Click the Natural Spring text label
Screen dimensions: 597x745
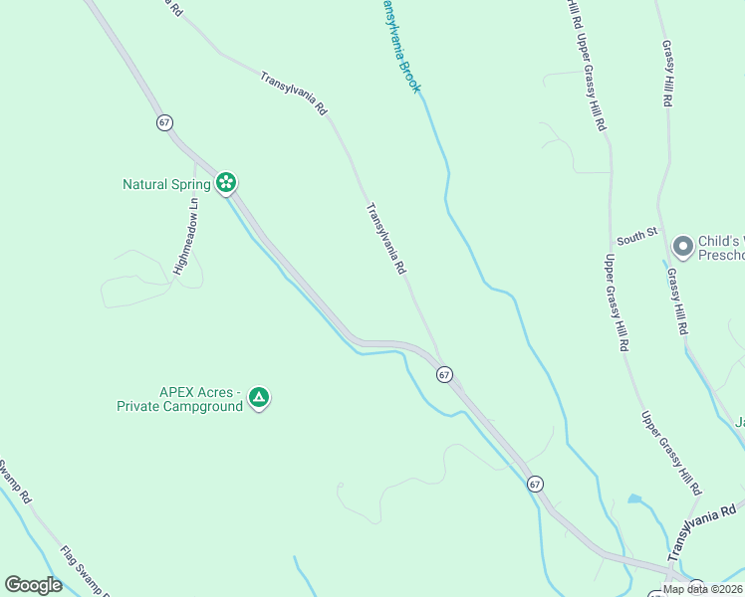tap(166, 184)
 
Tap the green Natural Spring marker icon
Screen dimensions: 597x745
tap(227, 183)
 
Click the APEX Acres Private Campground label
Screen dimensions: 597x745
tap(180, 399)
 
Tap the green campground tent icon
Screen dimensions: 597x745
tap(259, 399)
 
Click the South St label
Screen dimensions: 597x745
tap(636, 236)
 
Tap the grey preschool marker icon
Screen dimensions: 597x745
tap(682, 245)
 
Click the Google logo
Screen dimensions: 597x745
tap(33, 585)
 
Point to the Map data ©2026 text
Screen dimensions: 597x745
tap(702, 589)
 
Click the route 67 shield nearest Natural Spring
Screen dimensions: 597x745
tap(164, 121)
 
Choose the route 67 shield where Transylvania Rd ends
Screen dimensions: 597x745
tap(444, 374)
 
